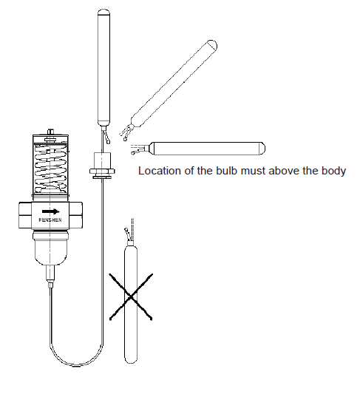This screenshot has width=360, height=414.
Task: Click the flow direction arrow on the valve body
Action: click(51, 211)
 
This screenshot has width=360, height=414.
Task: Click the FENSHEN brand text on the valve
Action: click(50, 220)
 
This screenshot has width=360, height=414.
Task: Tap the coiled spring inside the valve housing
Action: click(51, 169)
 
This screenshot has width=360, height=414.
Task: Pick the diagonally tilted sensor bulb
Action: click(174, 84)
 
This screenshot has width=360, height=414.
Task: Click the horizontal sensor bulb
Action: click(207, 149)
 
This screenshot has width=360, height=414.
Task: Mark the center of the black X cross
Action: click(131, 297)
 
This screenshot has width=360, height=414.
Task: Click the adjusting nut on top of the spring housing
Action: click(50, 132)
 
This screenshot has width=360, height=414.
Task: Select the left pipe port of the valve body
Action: click(25, 215)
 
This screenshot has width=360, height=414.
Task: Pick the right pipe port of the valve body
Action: click(75, 215)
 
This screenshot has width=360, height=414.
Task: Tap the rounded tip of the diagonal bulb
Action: click(212, 45)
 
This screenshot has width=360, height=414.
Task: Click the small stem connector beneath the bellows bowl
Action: click(50, 276)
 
